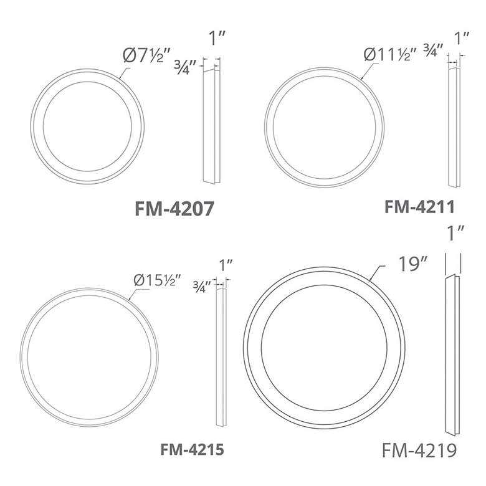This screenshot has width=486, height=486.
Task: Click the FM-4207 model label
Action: click(174, 208)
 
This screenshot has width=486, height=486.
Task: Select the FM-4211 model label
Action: click(420, 206)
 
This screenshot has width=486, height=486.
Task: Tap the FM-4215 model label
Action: click(192, 449)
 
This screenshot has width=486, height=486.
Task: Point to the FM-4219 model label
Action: click(420, 450)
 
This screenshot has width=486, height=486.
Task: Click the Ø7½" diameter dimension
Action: click(146, 56)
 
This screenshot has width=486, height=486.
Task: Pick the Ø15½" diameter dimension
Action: click(157, 280)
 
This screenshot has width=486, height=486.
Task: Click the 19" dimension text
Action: click(412, 264)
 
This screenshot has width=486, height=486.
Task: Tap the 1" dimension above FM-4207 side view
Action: click(217, 39)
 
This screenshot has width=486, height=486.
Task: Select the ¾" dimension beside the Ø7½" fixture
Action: click(185, 66)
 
